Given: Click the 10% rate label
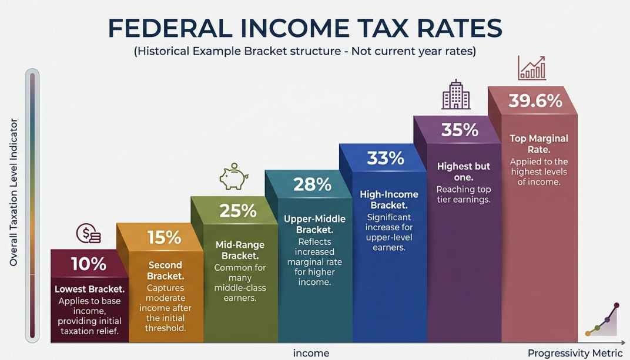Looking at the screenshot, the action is click(x=89, y=264).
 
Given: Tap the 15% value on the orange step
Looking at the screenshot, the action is click(x=164, y=238).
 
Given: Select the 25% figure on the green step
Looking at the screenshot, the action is click(x=238, y=211).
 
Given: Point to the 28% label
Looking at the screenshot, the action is click(x=312, y=184).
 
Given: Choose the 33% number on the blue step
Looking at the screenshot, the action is click(x=386, y=159).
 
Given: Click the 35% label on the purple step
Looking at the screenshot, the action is click(x=460, y=130).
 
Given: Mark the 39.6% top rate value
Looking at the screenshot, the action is click(x=535, y=101).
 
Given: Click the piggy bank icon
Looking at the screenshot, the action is click(x=234, y=176).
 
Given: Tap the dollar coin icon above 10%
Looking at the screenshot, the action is click(x=88, y=234).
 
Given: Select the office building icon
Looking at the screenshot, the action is click(x=455, y=95).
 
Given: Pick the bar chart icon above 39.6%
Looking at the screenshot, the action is click(x=531, y=68).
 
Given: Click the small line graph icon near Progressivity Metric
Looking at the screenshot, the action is click(x=601, y=320).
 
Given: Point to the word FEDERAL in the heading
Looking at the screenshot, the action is click(x=170, y=28).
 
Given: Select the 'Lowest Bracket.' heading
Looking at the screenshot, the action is click(x=89, y=289).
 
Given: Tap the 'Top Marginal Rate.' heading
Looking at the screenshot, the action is click(x=539, y=144).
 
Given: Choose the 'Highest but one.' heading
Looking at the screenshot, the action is click(x=464, y=171).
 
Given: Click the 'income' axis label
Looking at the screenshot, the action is click(x=311, y=353).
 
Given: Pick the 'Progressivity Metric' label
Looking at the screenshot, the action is click(x=575, y=353).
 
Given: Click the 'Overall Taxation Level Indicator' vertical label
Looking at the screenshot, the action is click(x=14, y=192).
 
